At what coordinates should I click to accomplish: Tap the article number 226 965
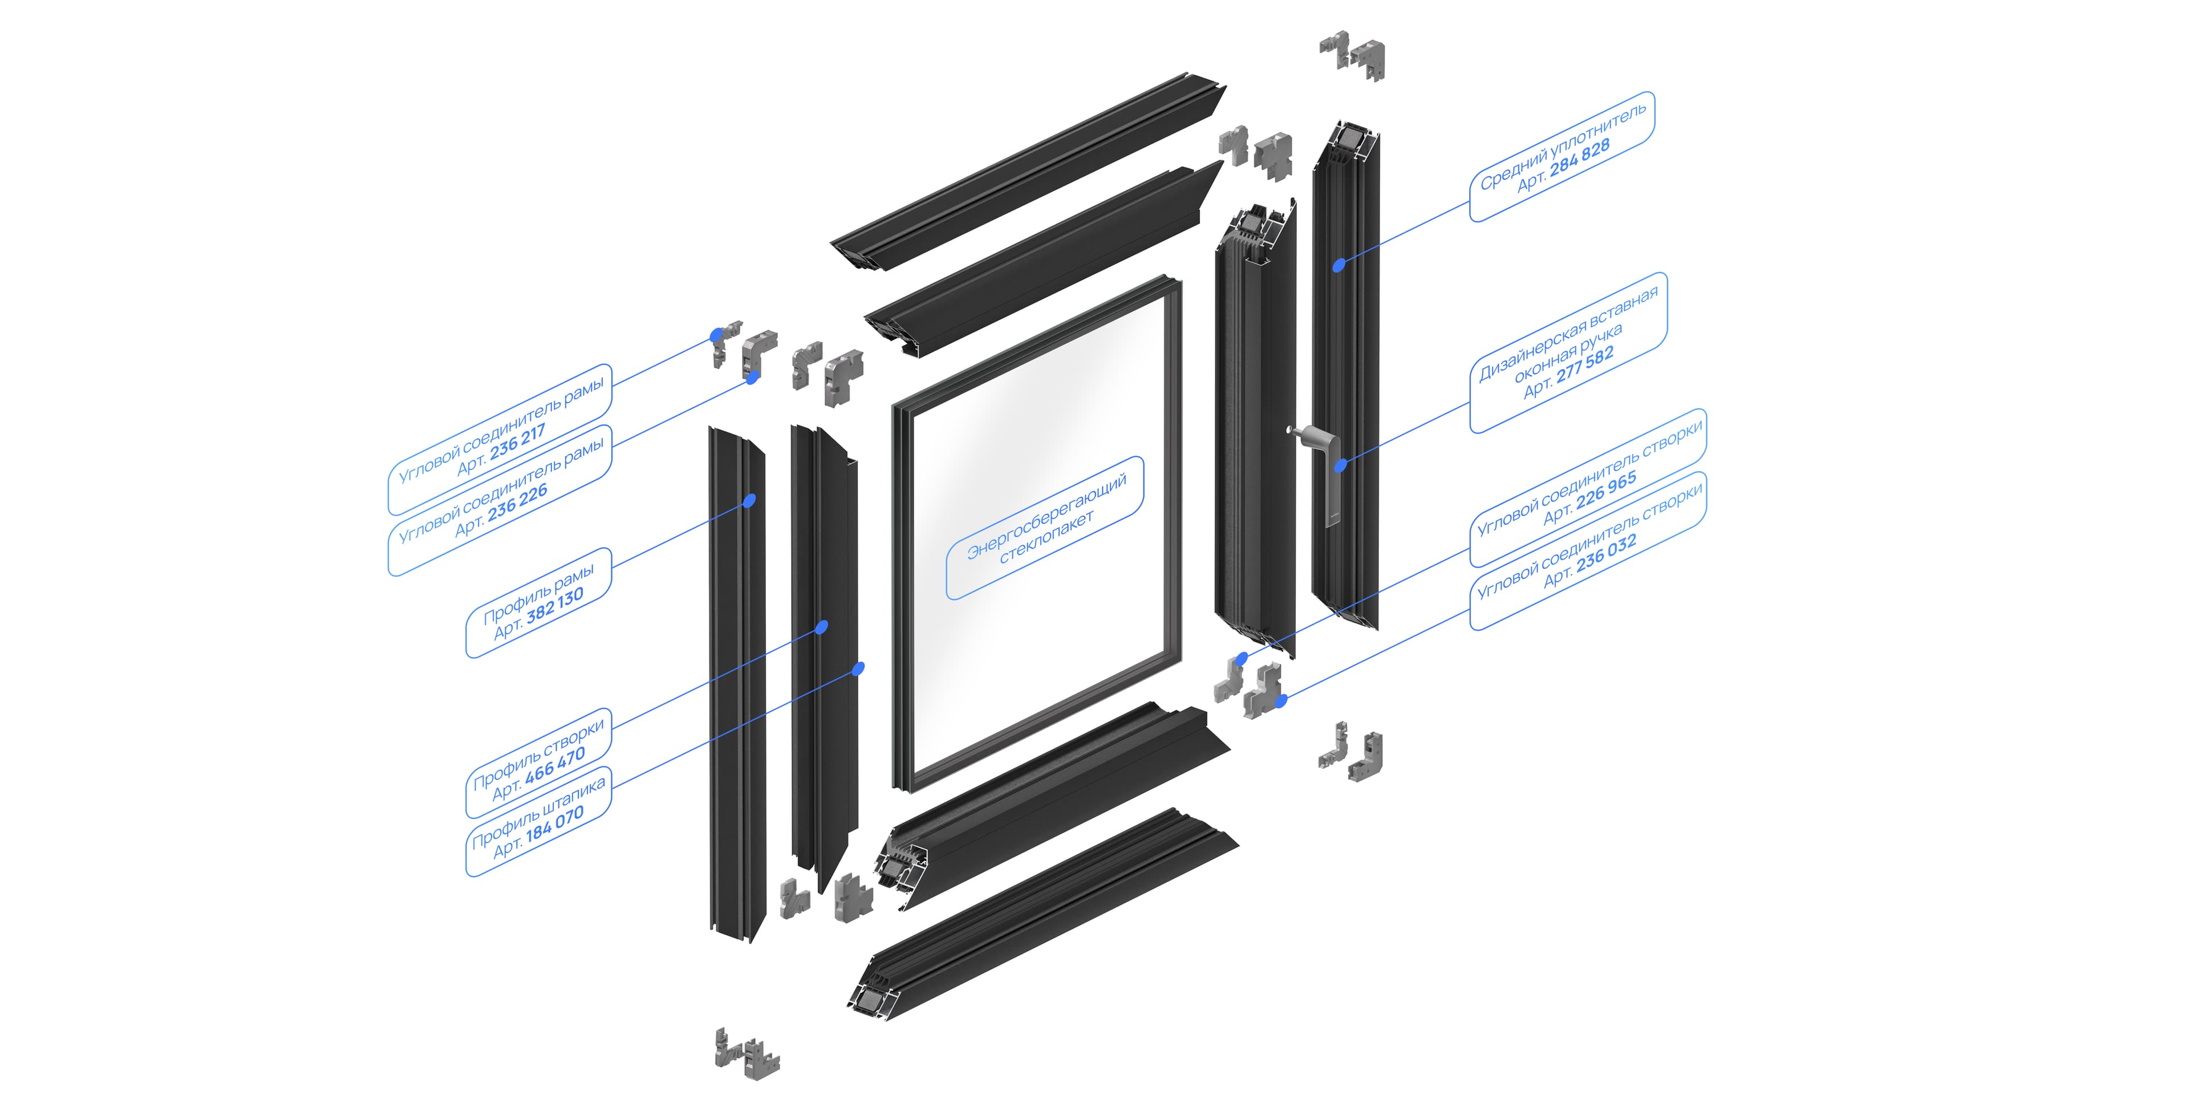[x=1606, y=492]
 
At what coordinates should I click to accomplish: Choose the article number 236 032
[x=1606, y=554]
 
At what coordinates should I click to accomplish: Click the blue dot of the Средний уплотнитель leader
[x=1339, y=265]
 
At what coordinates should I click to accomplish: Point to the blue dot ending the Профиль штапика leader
[x=859, y=668]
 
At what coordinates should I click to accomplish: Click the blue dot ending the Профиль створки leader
[x=822, y=627]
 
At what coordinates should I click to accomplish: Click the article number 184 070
[x=555, y=823]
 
